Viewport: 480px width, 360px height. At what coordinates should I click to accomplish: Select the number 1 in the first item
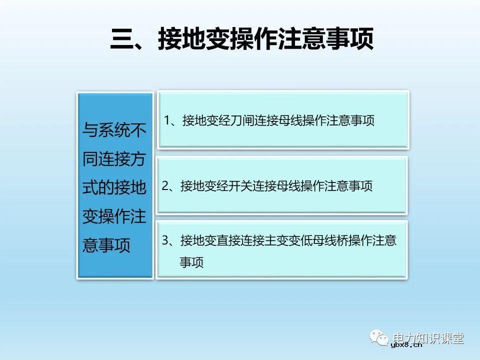167,120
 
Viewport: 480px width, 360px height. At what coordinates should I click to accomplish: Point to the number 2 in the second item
165,186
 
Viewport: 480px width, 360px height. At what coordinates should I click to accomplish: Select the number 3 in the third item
165,240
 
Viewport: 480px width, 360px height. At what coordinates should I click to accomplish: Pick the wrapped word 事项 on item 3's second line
191,262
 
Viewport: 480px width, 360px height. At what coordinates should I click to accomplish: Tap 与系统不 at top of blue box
114,131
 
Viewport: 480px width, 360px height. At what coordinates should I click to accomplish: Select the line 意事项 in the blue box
106,245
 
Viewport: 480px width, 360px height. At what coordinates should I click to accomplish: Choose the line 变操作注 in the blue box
114,216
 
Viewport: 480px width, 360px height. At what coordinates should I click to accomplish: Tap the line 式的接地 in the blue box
114,188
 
